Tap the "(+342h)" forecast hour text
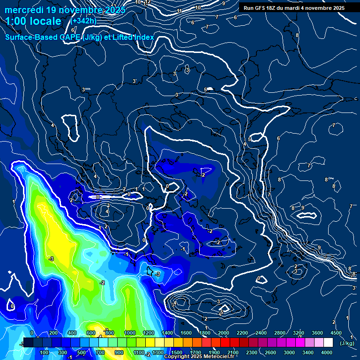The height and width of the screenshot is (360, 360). click(x=83, y=21)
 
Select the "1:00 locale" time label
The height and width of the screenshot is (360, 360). click(x=34, y=22)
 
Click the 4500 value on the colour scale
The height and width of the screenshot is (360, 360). click(x=336, y=333)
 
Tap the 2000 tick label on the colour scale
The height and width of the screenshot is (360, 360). click(x=223, y=333)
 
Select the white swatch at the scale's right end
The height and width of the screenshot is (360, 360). click(x=328, y=343)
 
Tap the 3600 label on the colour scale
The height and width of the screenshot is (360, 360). click(x=317, y=333)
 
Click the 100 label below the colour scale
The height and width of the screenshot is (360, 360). click(x=45, y=352)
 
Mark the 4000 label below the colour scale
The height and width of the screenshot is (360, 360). click(x=327, y=352)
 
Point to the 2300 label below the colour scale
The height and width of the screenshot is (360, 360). click(x=251, y=352)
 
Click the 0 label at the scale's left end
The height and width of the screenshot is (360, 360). click(x=31, y=333)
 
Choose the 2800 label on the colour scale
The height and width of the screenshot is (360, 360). click(x=279, y=333)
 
